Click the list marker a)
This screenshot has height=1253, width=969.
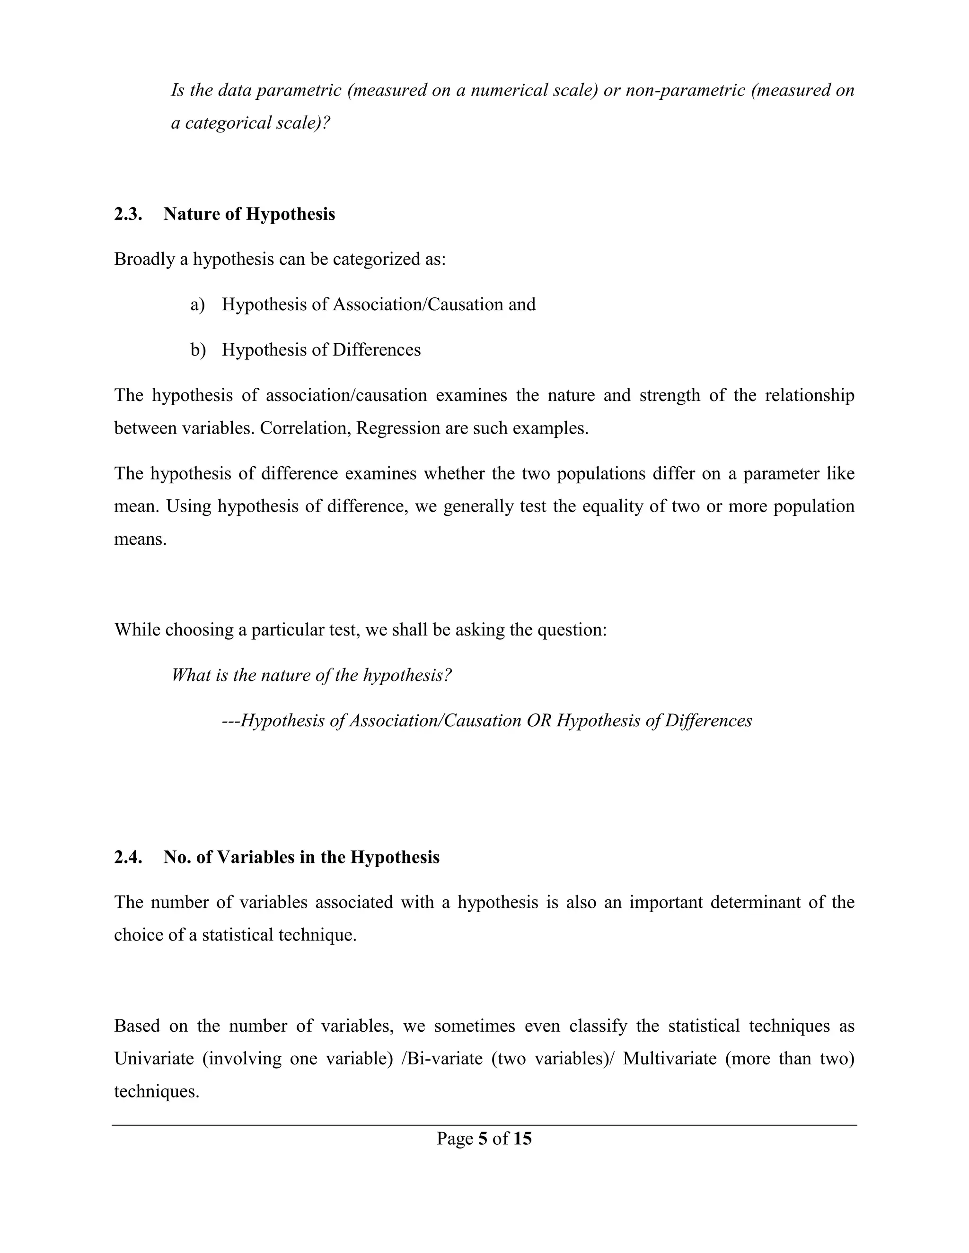coord(197,304)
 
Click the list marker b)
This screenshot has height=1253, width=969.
coord(197,349)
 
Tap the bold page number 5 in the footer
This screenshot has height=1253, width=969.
coord(482,1138)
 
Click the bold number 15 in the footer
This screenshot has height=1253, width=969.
coord(522,1138)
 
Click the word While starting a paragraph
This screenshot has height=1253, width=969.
coord(137,629)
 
